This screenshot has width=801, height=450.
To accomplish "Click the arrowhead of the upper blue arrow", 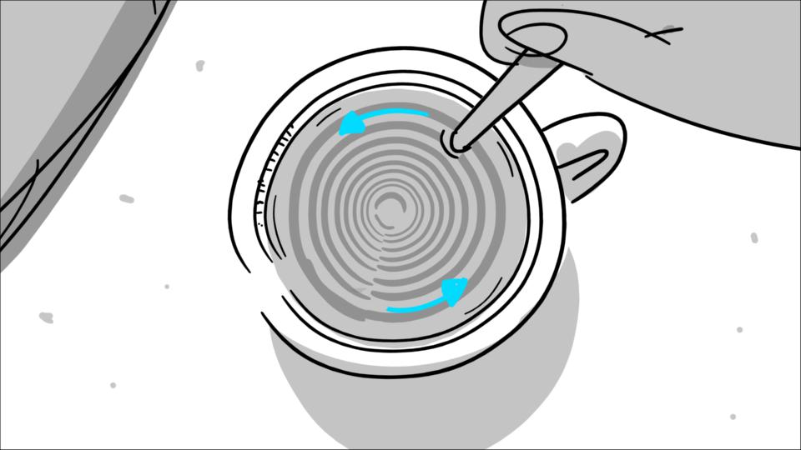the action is coord(351,124).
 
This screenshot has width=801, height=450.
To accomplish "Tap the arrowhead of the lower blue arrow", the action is coord(454,291).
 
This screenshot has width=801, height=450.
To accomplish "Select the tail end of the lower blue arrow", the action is coord(390,310).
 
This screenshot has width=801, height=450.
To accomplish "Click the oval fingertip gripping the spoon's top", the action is coord(534,37).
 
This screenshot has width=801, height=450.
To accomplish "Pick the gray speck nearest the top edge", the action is coord(200,65).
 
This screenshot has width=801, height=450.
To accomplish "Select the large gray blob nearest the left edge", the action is coord(46,317).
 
